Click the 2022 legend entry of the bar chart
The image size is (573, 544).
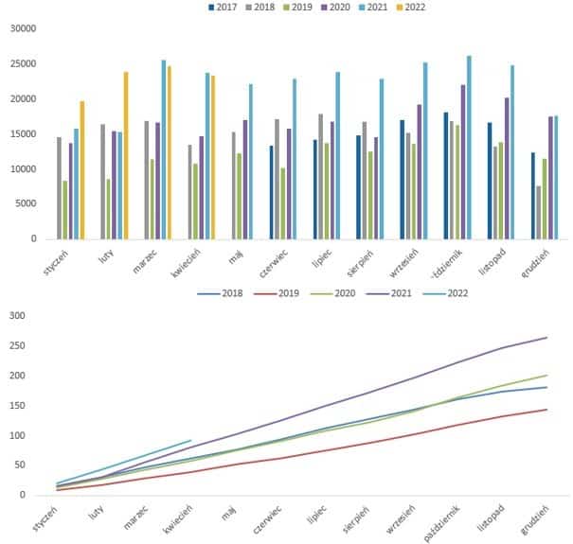(406, 8)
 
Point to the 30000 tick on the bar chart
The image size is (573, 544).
(22, 28)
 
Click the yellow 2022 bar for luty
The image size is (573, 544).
(125, 155)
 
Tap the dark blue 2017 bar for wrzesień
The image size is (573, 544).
(403, 179)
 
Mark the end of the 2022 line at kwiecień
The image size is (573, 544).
(191, 440)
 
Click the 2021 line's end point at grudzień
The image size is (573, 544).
(547, 338)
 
